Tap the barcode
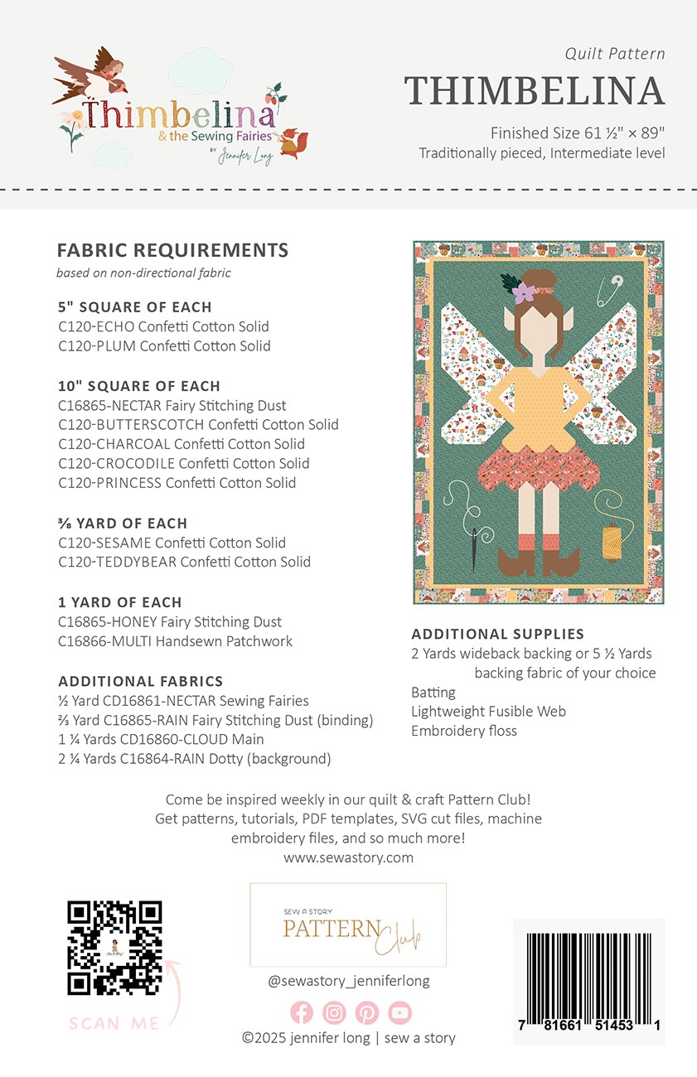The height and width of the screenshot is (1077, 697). pos(588,981)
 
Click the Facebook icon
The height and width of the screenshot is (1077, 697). pos(302,1012)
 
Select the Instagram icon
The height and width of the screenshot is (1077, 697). pos(334,1012)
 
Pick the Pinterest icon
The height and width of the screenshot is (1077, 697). pos(367,1012)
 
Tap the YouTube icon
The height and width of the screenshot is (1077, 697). pos(399,1012)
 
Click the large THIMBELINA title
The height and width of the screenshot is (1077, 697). pos(535,91)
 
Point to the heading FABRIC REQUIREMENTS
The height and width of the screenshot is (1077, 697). pos(172,250)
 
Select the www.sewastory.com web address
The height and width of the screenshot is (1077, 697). pos(348,857)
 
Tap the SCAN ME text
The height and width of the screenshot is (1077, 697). pos(114,1024)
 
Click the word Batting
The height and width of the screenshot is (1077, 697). pos(433,692)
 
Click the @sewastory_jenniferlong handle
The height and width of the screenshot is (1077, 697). pos(348,981)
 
